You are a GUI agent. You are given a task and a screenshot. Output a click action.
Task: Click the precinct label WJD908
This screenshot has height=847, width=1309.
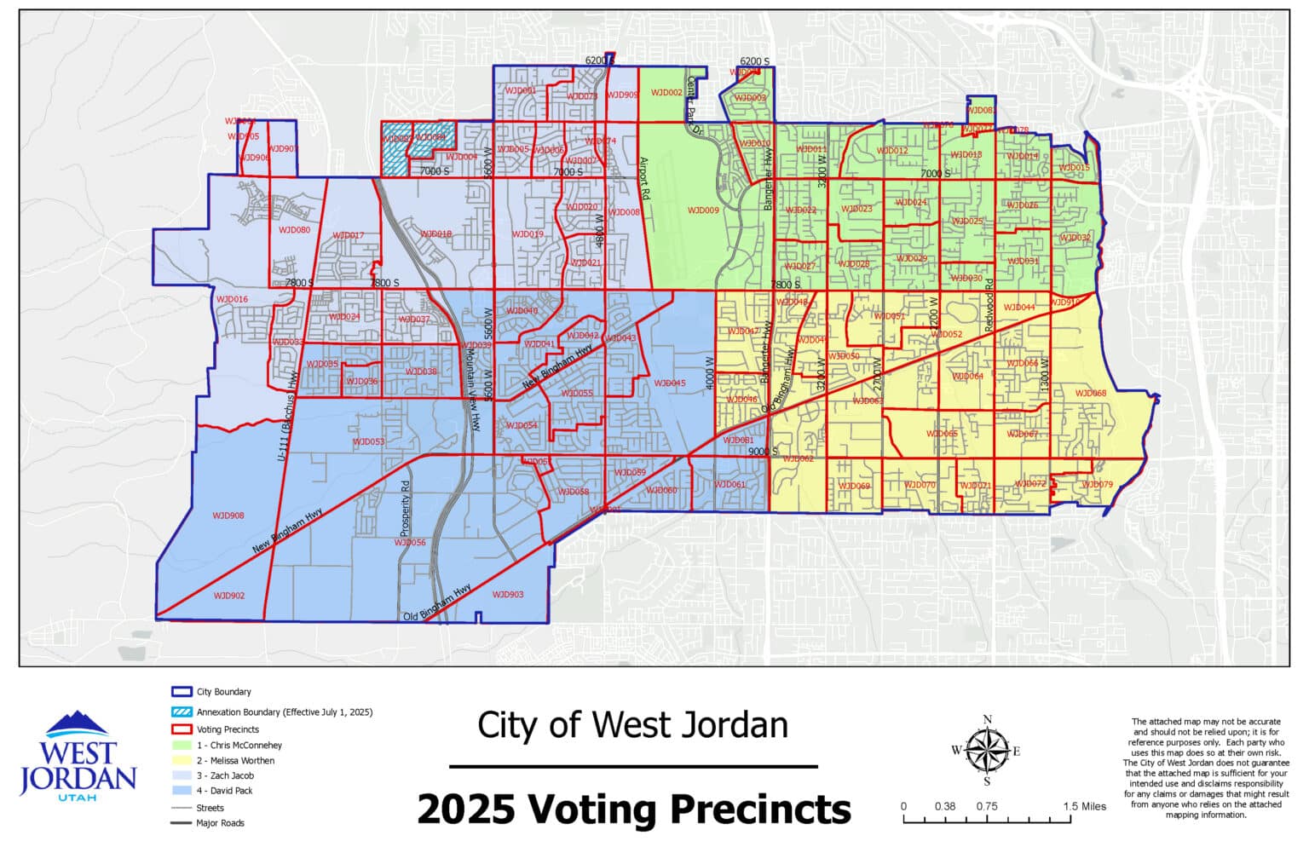tap(228, 516)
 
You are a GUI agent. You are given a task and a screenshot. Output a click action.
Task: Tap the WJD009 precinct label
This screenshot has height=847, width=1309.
tap(703, 210)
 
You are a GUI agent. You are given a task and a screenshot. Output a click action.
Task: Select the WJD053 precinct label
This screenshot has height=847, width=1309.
tap(368, 441)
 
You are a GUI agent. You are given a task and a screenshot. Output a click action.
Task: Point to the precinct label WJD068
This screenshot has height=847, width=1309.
tap(1090, 393)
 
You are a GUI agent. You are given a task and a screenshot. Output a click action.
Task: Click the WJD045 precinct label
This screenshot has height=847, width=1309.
tap(669, 383)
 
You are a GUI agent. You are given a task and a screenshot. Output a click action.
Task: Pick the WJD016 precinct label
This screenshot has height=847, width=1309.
tap(231, 299)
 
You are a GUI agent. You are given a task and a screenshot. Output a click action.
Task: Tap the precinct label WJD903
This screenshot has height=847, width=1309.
tap(508, 595)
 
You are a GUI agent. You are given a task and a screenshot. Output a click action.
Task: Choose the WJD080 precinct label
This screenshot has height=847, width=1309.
tap(294, 230)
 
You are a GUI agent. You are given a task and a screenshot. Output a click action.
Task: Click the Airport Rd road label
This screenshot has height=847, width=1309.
tap(645, 178)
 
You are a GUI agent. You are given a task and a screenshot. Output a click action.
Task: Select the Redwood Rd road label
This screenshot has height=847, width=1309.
tap(989, 304)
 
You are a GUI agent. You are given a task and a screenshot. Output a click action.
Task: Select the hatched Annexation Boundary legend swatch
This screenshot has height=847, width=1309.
tap(182, 712)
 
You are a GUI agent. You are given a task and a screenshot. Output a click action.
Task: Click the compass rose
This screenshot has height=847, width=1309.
tap(987, 751)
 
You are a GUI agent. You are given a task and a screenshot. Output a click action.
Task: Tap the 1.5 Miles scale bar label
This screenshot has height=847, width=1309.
tap(1085, 806)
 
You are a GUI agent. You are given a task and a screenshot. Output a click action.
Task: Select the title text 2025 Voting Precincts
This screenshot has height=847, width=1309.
tap(633, 810)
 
